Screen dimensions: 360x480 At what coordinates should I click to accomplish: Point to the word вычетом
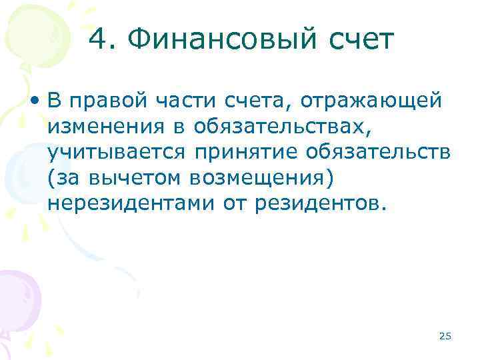tap(133, 178)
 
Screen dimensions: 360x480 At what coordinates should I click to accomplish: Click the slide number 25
tap(445, 336)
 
